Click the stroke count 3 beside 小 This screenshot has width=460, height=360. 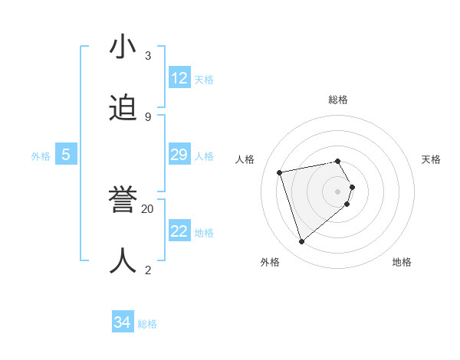coord(148,56)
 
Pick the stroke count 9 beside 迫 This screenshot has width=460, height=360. coord(148,116)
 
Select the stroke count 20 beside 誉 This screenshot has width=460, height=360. coord(148,208)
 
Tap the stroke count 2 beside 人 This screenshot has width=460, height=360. coord(148,270)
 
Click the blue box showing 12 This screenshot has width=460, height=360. coord(179,78)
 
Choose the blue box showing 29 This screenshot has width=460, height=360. coord(179,155)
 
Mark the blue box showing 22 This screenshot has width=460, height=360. coord(179,231)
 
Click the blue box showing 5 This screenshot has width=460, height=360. coord(66,155)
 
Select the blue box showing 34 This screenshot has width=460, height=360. coord(123,322)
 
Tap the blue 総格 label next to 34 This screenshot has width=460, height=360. coord(147,324)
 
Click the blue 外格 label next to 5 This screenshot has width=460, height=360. coord(41,156)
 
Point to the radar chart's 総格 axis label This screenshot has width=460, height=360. coord(338,100)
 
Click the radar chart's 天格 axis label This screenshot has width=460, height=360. coord(432,159)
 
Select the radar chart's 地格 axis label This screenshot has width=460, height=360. coord(402,262)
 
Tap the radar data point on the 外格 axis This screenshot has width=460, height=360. coord(301,242)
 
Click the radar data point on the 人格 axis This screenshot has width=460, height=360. coord(280,172)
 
